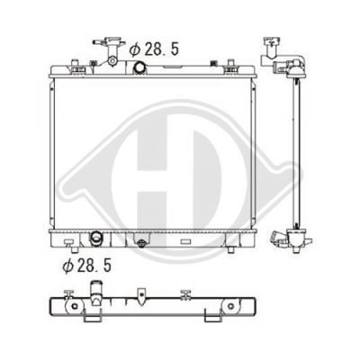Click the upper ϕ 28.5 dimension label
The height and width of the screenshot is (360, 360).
pos(154,49)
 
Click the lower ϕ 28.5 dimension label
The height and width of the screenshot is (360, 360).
pos(87,265)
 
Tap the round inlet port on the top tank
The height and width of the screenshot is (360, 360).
pos(139,67)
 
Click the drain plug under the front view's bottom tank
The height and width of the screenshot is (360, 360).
pos(140,243)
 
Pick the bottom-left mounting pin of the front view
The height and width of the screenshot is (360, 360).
pos(75,249)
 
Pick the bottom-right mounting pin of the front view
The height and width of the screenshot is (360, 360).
pos(230,249)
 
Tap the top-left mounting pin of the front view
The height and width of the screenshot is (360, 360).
pos(75,63)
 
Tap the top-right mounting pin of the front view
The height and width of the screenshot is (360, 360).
pos(230,63)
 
